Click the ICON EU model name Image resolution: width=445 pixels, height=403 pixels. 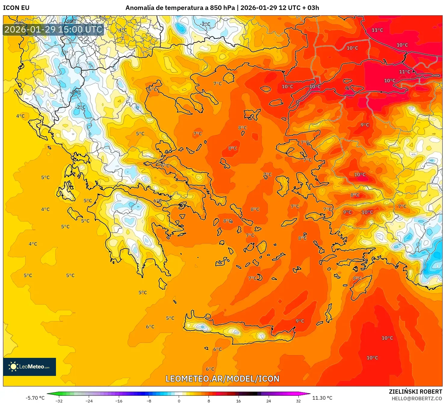click(x=16, y=8)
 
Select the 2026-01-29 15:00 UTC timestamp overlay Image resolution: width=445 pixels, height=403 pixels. click(x=54, y=29)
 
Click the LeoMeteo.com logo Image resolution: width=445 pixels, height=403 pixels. click(x=29, y=367)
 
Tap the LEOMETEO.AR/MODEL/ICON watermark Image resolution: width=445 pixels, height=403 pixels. click(x=222, y=379)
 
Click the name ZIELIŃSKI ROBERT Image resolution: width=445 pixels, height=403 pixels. click(x=415, y=392)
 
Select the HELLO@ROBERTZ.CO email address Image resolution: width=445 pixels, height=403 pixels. click(x=416, y=398)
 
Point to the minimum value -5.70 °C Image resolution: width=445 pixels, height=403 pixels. click(x=35, y=398)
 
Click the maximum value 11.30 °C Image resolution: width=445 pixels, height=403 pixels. click(x=322, y=398)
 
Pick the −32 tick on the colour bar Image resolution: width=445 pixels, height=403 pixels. click(x=59, y=401)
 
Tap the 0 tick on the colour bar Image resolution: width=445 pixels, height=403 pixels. click(x=179, y=401)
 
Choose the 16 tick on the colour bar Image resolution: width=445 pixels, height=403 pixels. click(x=239, y=401)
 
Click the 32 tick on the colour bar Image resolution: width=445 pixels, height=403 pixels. click(x=298, y=401)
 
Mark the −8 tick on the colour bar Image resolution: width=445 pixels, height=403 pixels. click(x=149, y=401)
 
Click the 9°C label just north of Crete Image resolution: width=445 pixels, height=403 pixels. click(x=300, y=321)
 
